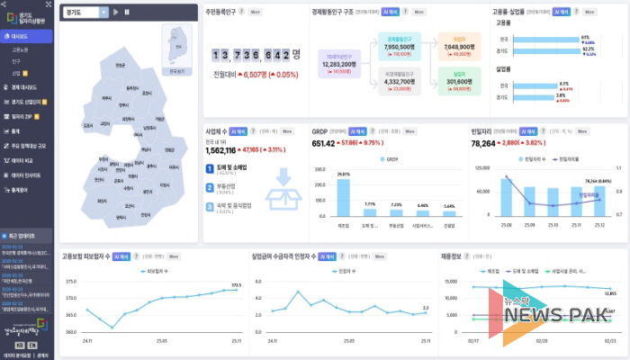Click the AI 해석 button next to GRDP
click(357, 131)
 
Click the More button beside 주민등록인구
click(256, 13)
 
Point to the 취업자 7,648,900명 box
click(458, 46)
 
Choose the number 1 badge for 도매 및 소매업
click(210, 167)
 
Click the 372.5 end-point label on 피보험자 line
click(236, 285)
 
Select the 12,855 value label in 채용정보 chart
click(610, 293)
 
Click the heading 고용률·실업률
click(508, 13)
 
